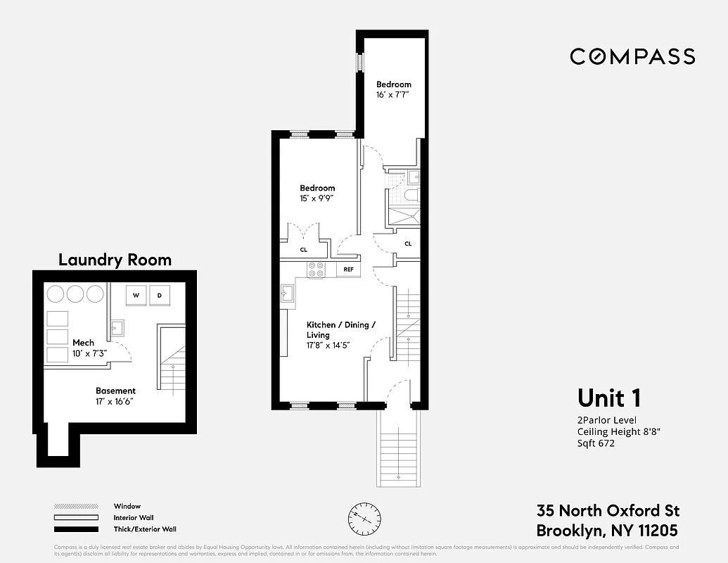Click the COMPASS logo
click(632, 56)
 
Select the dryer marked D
click(160, 296)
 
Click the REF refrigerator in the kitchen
click(349, 270)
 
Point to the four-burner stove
click(316, 270)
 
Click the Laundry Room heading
click(115, 260)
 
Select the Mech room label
click(83, 343)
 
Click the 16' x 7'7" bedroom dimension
click(392, 94)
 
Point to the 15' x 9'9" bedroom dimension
click(316, 198)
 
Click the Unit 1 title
click(609, 398)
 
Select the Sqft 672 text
click(596, 443)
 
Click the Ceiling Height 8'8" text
click(619, 432)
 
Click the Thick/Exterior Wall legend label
click(145, 529)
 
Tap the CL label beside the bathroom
click(408, 243)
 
